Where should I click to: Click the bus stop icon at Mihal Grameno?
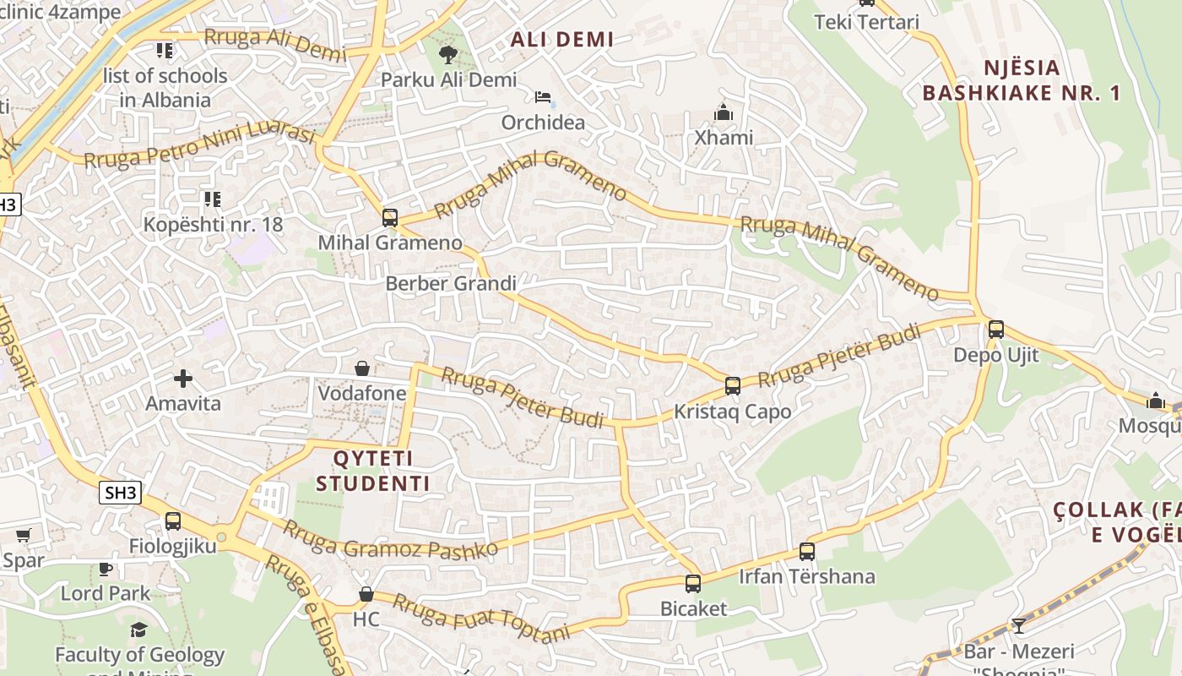coord(389,217)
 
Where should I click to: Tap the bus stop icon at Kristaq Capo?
coord(732,386)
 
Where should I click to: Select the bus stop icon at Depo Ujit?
coord(996,330)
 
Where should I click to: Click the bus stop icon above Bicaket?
coord(693,583)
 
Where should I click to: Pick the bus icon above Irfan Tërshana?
coord(807,552)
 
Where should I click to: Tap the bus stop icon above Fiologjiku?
coord(173,521)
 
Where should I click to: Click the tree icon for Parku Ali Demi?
coord(447,55)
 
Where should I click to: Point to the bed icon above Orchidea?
coord(543,97)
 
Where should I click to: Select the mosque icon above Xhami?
coord(724,112)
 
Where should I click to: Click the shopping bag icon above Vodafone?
coord(362,368)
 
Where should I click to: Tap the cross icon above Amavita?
coord(183,379)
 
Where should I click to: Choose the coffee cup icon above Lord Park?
coord(106,569)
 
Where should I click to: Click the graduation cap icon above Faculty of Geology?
coord(139,630)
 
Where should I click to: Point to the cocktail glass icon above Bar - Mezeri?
coord(1019,626)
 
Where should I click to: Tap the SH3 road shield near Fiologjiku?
coord(120,493)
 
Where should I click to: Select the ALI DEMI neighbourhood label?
coord(561,39)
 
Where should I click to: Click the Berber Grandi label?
coord(450,283)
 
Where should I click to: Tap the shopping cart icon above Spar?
coord(23,535)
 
